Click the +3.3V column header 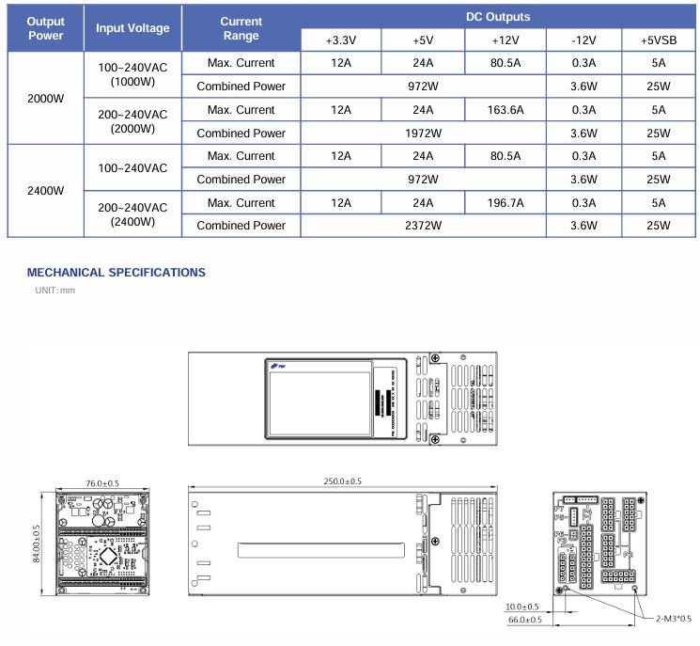pyautogui.click(x=341, y=40)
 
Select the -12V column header pyautogui.click(x=583, y=40)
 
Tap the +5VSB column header pyautogui.click(x=658, y=40)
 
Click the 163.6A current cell pyautogui.click(x=506, y=110)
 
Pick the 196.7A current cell pyautogui.click(x=506, y=203)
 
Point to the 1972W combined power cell pyautogui.click(x=424, y=134)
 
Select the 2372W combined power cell pyautogui.click(x=424, y=226)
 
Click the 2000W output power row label pyautogui.click(x=45, y=98)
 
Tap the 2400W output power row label pyautogui.click(x=45, y=191)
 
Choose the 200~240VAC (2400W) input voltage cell pyautogui.click(x=132, y=214)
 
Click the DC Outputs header pyautogui.click(x=497, y=17)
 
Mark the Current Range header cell pyautogui.click(x=241, y=28)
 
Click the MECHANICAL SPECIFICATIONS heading pyautogui.click(x=117, y=273)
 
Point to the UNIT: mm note pyautogui.click(x=54, y=291)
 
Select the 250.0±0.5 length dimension pyautogui.click(x=342, y=481)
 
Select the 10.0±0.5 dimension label pyautogui.click(x=522, y=607)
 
